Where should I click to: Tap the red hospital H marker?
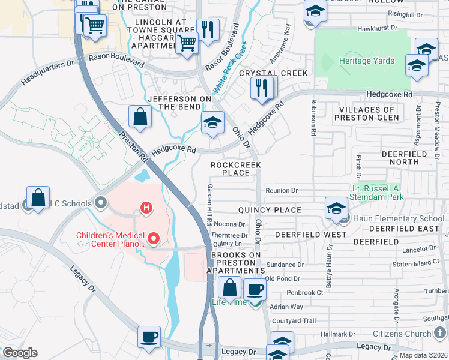(145, 208)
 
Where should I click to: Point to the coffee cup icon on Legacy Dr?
(149, 337)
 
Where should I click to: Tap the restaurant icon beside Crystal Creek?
(262, 87)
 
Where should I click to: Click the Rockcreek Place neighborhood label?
(230, 169)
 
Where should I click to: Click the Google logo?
(20, 353)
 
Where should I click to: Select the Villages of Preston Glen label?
(367, 114)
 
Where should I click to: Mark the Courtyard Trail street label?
(292, 321)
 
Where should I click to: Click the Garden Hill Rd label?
(210, 204)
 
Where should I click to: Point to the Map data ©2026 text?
(423, 355)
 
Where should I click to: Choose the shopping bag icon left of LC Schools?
(38, 197)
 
